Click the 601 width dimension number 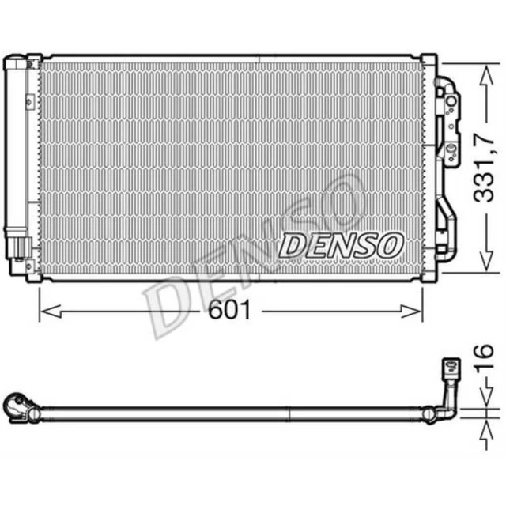(x=231, y=311)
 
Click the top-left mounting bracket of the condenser (x=32, y=62)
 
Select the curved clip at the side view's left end (x=17, y=407)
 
